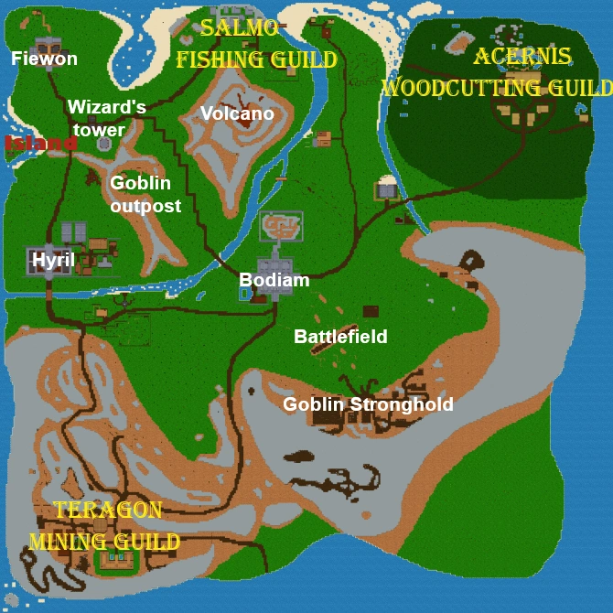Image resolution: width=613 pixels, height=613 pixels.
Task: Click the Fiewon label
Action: click(44, 59)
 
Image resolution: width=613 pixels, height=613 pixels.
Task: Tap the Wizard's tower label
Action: click(107, 118)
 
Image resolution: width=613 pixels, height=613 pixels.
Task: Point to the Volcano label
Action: click(237, 113)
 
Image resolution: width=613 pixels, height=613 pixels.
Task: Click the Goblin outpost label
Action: click(145, 194)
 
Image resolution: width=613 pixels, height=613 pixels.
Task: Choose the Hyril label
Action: click(48, 260)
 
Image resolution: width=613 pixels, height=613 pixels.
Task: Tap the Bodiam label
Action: click(274, 280)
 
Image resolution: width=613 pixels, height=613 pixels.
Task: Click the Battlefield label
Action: click(340, 337)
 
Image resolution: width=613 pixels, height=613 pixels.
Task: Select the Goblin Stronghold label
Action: click(368, 404)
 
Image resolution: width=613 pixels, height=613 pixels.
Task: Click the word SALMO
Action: click(240, 28)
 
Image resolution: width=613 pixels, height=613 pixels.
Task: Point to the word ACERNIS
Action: click(522, 57)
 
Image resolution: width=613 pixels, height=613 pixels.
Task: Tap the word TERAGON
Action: click(108, 511)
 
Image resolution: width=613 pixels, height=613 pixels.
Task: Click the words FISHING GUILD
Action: click(256, 60)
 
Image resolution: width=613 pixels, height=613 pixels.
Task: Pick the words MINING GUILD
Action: click(104, 542)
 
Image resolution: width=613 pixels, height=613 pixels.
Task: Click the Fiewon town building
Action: click(43, 45)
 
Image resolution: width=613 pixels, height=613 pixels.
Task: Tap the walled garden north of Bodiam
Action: click(281, 223)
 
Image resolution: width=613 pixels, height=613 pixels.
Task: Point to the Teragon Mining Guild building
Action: click(116, 559)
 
